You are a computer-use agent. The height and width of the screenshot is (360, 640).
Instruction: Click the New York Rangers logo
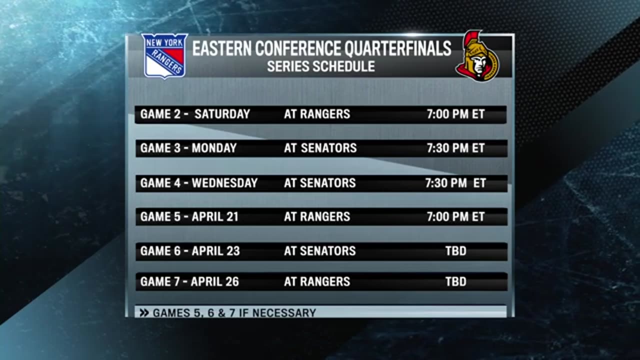coord(164,56)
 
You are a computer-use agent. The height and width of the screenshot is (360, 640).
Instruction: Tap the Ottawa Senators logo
coord(477,56)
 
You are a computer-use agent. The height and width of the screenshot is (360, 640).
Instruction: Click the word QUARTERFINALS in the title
coord(397,48)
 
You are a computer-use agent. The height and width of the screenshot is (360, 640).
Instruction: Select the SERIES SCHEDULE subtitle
coord(321,66)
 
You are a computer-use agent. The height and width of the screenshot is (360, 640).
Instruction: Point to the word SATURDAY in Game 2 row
coord(222,114)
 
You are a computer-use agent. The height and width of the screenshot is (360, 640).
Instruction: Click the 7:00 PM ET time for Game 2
coord(455,114)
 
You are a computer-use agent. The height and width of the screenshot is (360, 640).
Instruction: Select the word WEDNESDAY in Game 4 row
coord(224,183)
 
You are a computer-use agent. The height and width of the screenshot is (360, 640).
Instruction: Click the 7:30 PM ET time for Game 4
coord(455,183)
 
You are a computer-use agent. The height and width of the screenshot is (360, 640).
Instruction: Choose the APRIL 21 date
coord(215,217)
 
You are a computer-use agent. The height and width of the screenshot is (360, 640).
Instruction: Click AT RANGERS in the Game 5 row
coord(317,217)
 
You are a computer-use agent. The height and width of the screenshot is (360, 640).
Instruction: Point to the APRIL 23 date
coord(215,251)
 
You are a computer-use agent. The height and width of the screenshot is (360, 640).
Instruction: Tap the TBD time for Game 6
coord(456,251)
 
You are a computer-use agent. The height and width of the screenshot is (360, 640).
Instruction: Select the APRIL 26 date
coord(215,281)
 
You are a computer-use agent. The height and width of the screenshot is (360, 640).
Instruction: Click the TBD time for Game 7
coord(456,281)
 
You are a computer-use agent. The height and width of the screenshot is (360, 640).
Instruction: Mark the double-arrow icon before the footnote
coord(144,313)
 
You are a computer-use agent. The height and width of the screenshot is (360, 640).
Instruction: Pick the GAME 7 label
coord(160,281)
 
